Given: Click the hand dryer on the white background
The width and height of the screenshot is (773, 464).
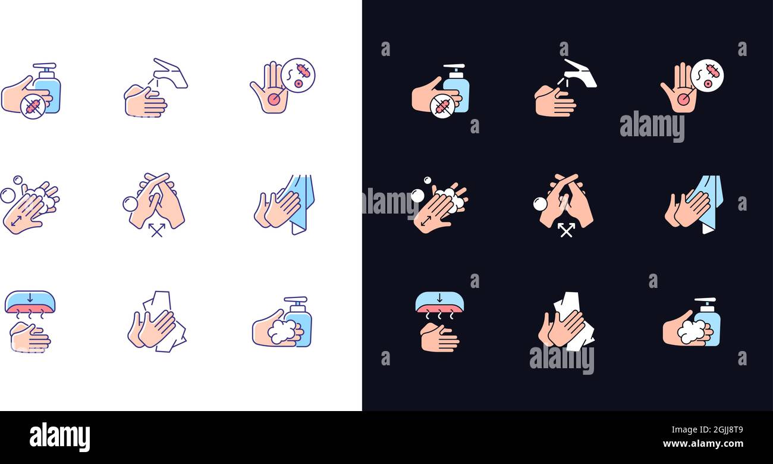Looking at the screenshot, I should coord(30,302).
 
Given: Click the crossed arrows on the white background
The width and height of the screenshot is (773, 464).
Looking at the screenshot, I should coord(156,230).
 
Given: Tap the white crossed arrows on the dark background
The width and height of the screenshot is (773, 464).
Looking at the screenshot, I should coord(566,230).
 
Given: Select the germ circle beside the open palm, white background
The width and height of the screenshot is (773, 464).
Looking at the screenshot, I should coord(298,75).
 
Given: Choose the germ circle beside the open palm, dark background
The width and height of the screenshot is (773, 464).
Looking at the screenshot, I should coord(707,76).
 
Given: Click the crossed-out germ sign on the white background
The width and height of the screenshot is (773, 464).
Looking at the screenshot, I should coord(33,106).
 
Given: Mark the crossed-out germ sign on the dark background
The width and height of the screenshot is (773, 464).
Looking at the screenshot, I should coord(442,106).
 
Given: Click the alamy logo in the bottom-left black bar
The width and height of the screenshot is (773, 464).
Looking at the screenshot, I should coord(59,437).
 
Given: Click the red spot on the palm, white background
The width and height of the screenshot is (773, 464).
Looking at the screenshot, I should coord(274,99).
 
